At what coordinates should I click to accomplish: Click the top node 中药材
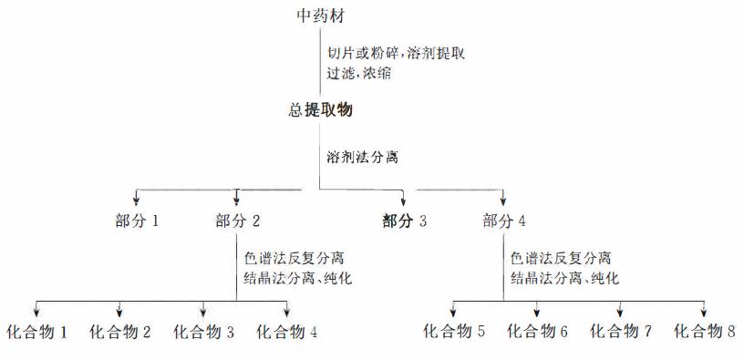pyautogui.click(x=321, y=16)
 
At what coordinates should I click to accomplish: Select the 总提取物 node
pyautogui.click(x=320, y=110)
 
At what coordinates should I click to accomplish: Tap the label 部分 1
pyautogui.click(x=138, y=220)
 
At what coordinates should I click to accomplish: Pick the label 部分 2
pyautogui.click(x=238, y=220)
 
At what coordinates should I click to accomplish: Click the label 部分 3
pyautogui.click(x=404, y=220)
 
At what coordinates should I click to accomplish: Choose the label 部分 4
pyautogui.click(x=504, y=220)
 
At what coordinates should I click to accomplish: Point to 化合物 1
pyautogui.click(x=36, y=332)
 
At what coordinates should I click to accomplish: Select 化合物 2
pyautogui.click(x=120, y=332)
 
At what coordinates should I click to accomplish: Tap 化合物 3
pyautogui.click(x=204, y=332)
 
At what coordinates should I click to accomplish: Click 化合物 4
pyautogui.click(x=287, y=332)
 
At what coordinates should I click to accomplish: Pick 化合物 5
pyautogui.click(x=454, y=332)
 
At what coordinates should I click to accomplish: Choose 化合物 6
pyautogui.click(x=537, y=332)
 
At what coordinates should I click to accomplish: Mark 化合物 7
pyautogui.click(x=621, y=332)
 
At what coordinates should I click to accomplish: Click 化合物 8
pyautogui.click(x=704, y=332)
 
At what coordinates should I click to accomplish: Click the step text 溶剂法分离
pyautogui.click(x=363, y=156)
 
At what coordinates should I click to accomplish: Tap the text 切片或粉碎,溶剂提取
pyautogui.click(x=396, y=54)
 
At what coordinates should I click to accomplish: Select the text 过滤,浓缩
pyautogui.click(x=359, y=73)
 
